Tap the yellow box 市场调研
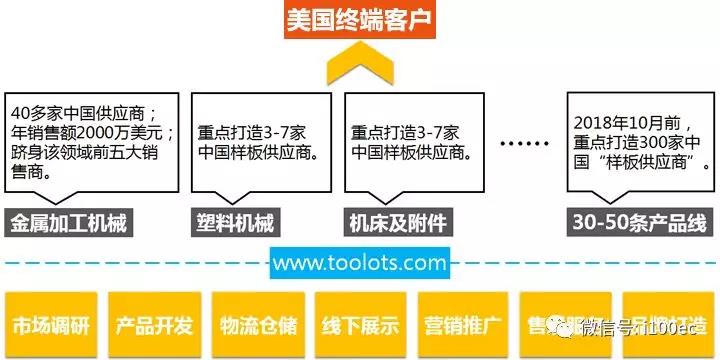(50, 325)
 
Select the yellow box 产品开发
(153, 325)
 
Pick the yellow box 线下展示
(359, 325)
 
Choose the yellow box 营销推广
(462, 325)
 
